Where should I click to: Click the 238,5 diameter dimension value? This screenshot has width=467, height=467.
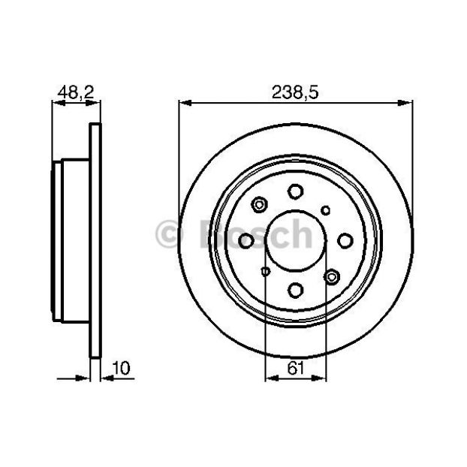(295, 92)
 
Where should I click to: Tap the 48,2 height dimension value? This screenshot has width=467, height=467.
(76, 92)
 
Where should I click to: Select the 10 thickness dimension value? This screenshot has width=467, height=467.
(121, 368)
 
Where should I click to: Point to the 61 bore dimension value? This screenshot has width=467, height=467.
(296, 368)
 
